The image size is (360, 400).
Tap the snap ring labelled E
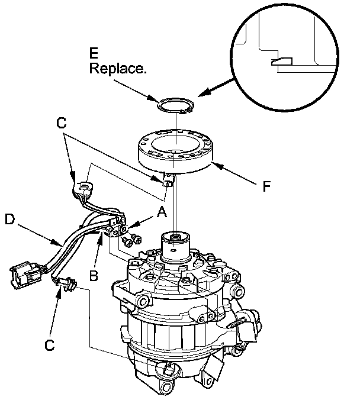pos(176,107)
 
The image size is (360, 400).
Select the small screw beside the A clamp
pos(134,238)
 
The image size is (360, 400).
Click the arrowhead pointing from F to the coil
pos(217,168)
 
